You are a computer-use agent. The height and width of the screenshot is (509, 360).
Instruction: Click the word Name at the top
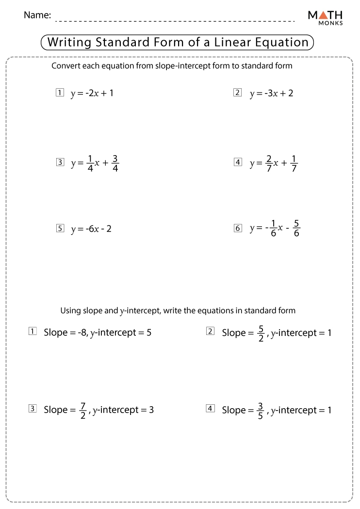pyautogui.click(x=37, y=15)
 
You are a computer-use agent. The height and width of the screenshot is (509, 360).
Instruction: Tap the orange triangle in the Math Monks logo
pyautogui.click(x=324, y=15)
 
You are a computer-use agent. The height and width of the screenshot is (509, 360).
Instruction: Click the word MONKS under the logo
pyautogui.click(x=331, y=23)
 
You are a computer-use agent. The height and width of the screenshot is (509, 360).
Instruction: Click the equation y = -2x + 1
pyautogui.click(x=92, y=93)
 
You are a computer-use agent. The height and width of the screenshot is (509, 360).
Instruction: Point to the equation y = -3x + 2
pyautogui.click(x=271, y=93)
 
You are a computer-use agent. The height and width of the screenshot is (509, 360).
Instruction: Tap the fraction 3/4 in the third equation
pyautogui.click(x=115, y=163)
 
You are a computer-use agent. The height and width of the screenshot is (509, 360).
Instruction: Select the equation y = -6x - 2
pyautogui.click(x=91, y=229)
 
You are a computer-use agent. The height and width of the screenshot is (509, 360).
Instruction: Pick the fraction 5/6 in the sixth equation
pyautogui.click(x=296, y=228)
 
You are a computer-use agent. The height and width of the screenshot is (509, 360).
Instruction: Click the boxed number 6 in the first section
pyautogui.click(x=237, y=228)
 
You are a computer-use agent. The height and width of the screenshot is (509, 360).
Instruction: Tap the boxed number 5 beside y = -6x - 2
pyautogui.click(x=60, y=228)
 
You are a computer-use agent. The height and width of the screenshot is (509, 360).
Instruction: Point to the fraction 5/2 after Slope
pyautogui.click(x=261, y=333)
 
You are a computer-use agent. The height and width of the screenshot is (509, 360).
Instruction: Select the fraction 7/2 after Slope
pyautogui.click(x=82, y=410)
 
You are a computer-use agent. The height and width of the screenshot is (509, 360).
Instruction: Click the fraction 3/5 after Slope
pyautogui.click(x=261, y=410)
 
